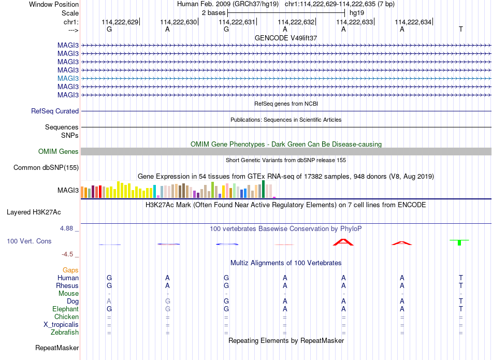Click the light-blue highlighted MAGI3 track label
pyautogui.click(x=68, y=78)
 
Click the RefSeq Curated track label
pyautogui.click(x=55, y=111)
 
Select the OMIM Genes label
pyautogui.click(x=59, y=152)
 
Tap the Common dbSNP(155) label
pyautogui.click(x=46, y=168)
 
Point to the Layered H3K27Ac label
pyautogui.click(x=34, y=212)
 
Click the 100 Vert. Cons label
pyautogui.click(x=29, y=241)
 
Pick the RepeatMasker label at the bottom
pyautogui.click(x=57, y=348)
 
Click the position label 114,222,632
pyautogui.click(x=296, y=22)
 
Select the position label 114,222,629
pyautogui.click(x=120, y=22)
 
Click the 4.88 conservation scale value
pyautogui.click(x=66, y=228)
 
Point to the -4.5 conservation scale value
pyautogui.click(x=67, y=254)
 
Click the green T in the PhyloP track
pyautogui.click(x=459, y=242)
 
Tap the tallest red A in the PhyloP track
pyautogui.click(x=343, y=242)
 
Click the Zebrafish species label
pyautogui.click(x=65, y=333)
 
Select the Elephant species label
pyautogui.click(x=66, y=309)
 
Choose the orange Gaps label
pyautogui.click(x=70, y=270)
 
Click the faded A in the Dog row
pyautogui.click(x=109, y=301)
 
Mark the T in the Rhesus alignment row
pyautogui.click(x=460, y=285)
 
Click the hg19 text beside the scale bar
pyautogui.click(x=357, y=13)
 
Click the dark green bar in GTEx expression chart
pyautogui.click(x=263, y=189)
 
